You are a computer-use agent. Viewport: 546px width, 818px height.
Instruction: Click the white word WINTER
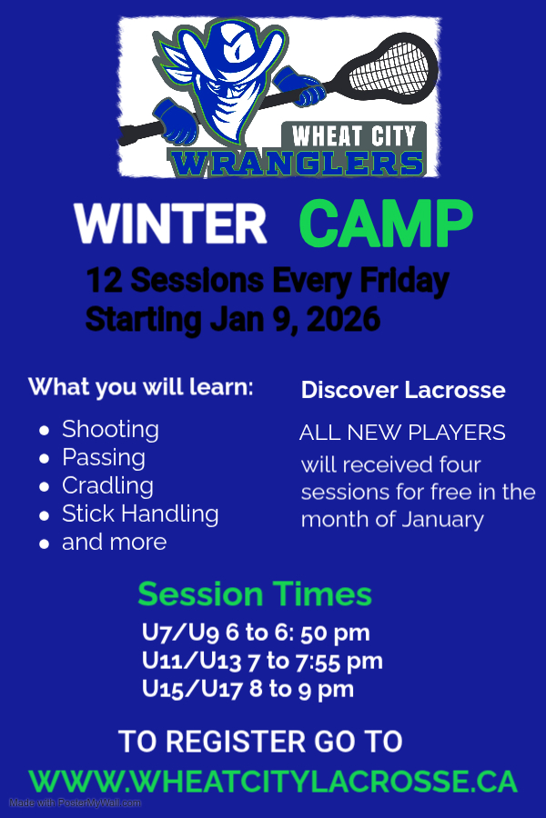click(170, 224)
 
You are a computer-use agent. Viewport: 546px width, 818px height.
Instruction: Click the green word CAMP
click(386, 224)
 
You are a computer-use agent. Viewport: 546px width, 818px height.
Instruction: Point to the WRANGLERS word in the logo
click(298, 164)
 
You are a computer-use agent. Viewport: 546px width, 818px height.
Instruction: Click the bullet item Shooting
click(110, 429)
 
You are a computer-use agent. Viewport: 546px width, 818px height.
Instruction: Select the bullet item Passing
click(103, 457)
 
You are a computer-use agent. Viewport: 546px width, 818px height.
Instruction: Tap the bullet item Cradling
click(107, 485)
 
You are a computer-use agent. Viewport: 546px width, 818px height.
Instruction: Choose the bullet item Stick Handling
click(140, 514)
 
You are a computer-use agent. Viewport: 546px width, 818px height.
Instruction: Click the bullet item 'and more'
click(114, 542)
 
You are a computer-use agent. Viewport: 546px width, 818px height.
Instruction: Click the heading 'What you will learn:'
click(141, 386)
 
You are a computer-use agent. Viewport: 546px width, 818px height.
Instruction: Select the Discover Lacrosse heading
click(403, 390)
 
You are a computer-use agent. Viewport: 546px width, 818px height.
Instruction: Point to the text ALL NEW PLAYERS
click(402, 433)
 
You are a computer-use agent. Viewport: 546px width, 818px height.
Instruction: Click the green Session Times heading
click(255, 594)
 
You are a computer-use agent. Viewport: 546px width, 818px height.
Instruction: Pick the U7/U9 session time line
click(256, 633)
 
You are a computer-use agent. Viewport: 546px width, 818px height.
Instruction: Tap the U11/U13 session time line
click(262, 661)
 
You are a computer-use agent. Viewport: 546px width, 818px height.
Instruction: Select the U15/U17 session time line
click(248, 689)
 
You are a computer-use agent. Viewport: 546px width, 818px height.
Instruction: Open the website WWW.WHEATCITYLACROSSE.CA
click(273, 781)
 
